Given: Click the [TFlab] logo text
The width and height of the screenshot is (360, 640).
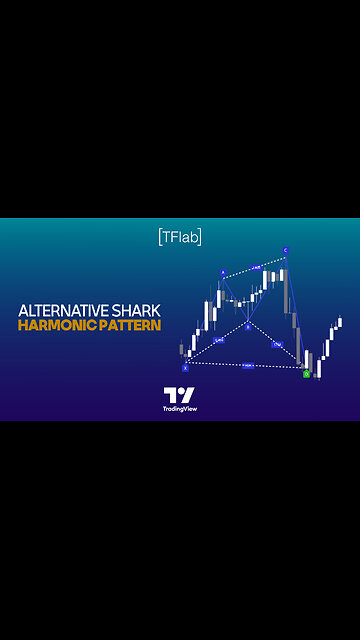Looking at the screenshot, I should coord(180,237).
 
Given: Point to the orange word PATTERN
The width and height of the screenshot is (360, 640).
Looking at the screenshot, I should coord(126,327).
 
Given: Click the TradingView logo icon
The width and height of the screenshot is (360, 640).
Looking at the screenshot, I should coord(179,395).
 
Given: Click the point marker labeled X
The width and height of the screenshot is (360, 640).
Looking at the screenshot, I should coord(185,367).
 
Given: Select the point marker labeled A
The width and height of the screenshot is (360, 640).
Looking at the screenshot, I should coord(222,273).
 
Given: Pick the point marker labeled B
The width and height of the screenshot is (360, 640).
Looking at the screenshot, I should coord(248,326).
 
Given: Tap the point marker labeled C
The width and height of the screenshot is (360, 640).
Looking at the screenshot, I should coord(285,251).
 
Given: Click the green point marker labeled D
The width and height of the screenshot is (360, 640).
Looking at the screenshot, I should coord(306,373).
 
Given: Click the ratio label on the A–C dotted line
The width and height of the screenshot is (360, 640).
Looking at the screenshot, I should coord(255,267).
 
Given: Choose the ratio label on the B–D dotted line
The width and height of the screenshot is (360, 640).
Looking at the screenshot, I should coord(277,344).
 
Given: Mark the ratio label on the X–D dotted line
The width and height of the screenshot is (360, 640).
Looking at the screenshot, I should coord(247,367).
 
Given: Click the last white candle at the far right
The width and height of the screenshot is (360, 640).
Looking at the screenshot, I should coord(340,322).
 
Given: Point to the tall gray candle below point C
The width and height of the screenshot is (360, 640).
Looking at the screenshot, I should coord(289,289).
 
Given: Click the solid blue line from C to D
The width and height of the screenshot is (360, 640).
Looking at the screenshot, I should coord(295,310).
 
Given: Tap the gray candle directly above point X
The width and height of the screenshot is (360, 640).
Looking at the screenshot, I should coord(181,349).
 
